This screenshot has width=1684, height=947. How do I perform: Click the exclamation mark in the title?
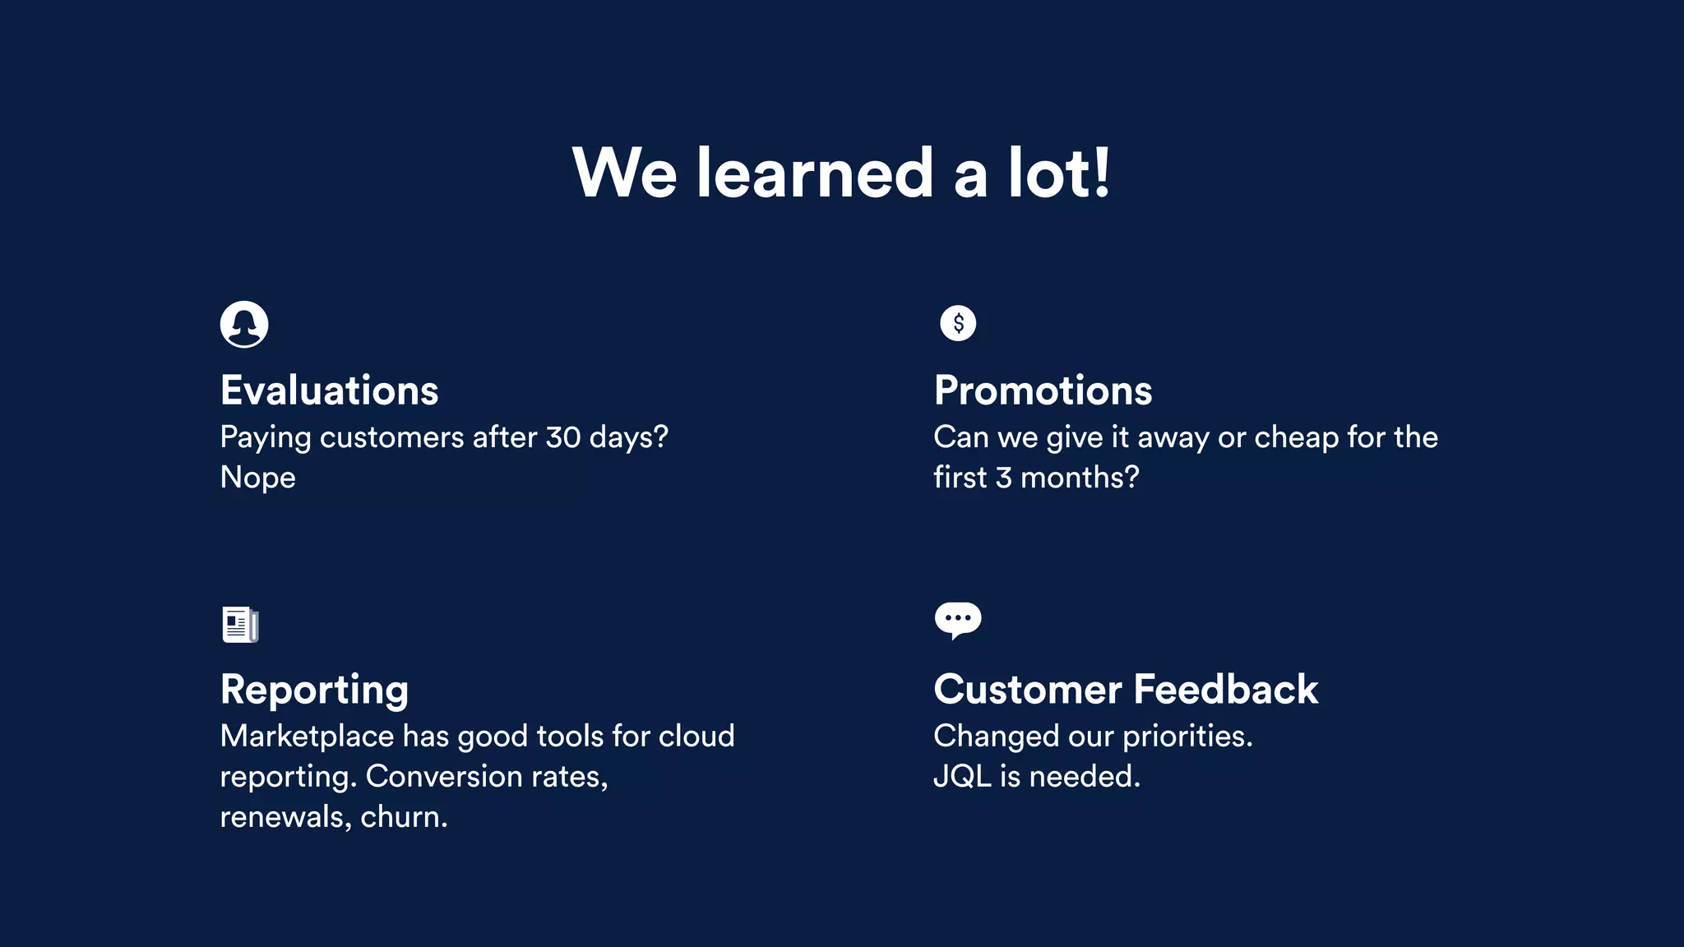[1102, 173]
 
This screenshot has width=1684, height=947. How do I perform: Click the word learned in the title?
[815, 173]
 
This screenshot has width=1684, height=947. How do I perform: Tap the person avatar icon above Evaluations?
[244, 324]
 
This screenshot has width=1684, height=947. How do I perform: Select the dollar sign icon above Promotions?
[958, 323]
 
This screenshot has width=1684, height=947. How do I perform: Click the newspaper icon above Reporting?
[240, 625]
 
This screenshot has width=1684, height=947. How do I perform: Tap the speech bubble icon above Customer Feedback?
[958, 620]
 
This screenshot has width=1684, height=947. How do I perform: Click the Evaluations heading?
[329, 390]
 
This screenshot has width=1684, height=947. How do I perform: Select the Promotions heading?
[1043, 390]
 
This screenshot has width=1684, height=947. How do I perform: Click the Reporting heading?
[314, 690]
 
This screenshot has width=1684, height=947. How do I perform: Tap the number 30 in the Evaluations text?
[563, 437]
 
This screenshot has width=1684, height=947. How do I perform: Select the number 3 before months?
[1003, 478]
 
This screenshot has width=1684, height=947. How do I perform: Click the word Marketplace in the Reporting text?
[307, 737]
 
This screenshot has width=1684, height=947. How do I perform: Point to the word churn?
[404, 817]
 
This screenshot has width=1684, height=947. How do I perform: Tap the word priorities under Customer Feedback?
[1187, 737]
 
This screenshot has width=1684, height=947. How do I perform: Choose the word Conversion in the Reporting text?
[444, 777]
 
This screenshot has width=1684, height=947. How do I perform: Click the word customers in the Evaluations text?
[391, 437]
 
